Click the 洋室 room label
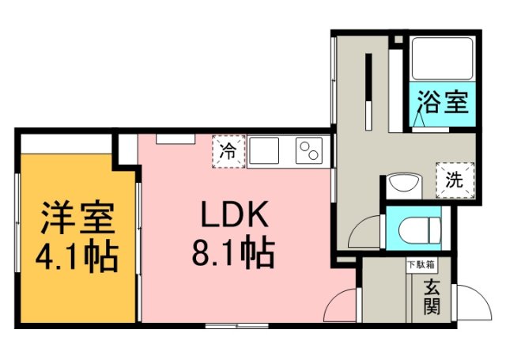pos(77,218)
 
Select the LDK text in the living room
pos(235,214)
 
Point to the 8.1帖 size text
pos(233,251)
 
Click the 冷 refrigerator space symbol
pos(228,151)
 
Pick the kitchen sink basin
pos(264,150)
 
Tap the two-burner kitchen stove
pos(309,150)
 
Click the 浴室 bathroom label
pos(443,102)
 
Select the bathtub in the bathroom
pos(443,59)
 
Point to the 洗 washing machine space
pos(455,180)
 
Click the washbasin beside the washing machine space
pos(404,185)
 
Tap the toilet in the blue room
pos(420,230)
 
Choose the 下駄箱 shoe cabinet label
pos(421,265)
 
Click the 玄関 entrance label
pos(432,297)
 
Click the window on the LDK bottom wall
pos(237,326)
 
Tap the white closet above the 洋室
pos(66,144)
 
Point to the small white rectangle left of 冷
pos(176,138)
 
